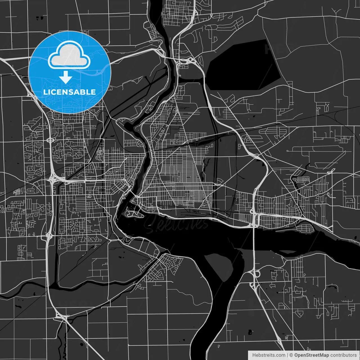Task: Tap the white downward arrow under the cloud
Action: pyautogui.click(x=66, y=77)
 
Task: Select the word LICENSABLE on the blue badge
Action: pyautogui.click(x=69, y=92)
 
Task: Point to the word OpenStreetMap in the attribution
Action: pyautogui.click(x=311, y=355)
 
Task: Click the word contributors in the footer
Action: pyautogui.click(x=343, y=355)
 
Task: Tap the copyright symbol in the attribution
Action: pyautogui.click(x=291, y=355)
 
